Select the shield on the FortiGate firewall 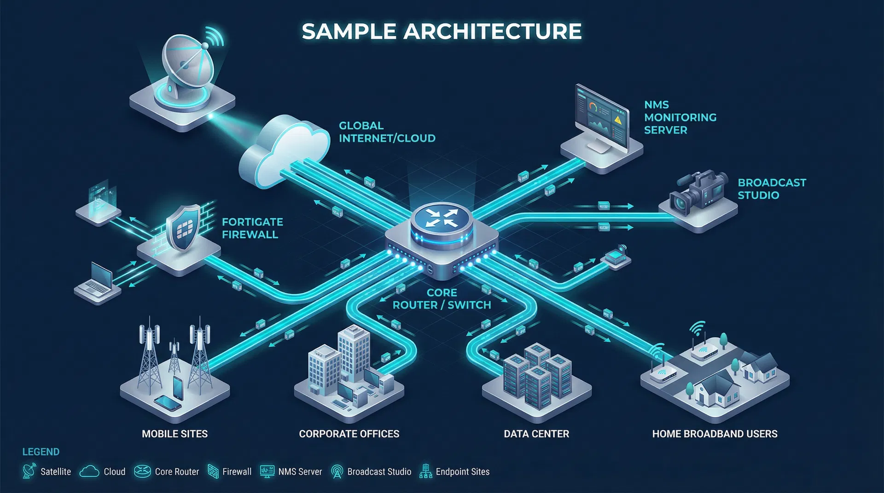(183, 228)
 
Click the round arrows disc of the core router (442, 218)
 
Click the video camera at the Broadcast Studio (698, 193)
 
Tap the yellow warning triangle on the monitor (618, 120)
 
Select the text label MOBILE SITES (174, 434)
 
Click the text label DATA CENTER (536, 434)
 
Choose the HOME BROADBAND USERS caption (715, 434)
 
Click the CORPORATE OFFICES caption (349, 434)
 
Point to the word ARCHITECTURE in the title (492, 31)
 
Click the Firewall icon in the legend (213, 471)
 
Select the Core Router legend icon (142, 471)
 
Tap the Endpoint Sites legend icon (425, 471)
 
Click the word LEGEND (41, 452)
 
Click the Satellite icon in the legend (29, 471)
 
